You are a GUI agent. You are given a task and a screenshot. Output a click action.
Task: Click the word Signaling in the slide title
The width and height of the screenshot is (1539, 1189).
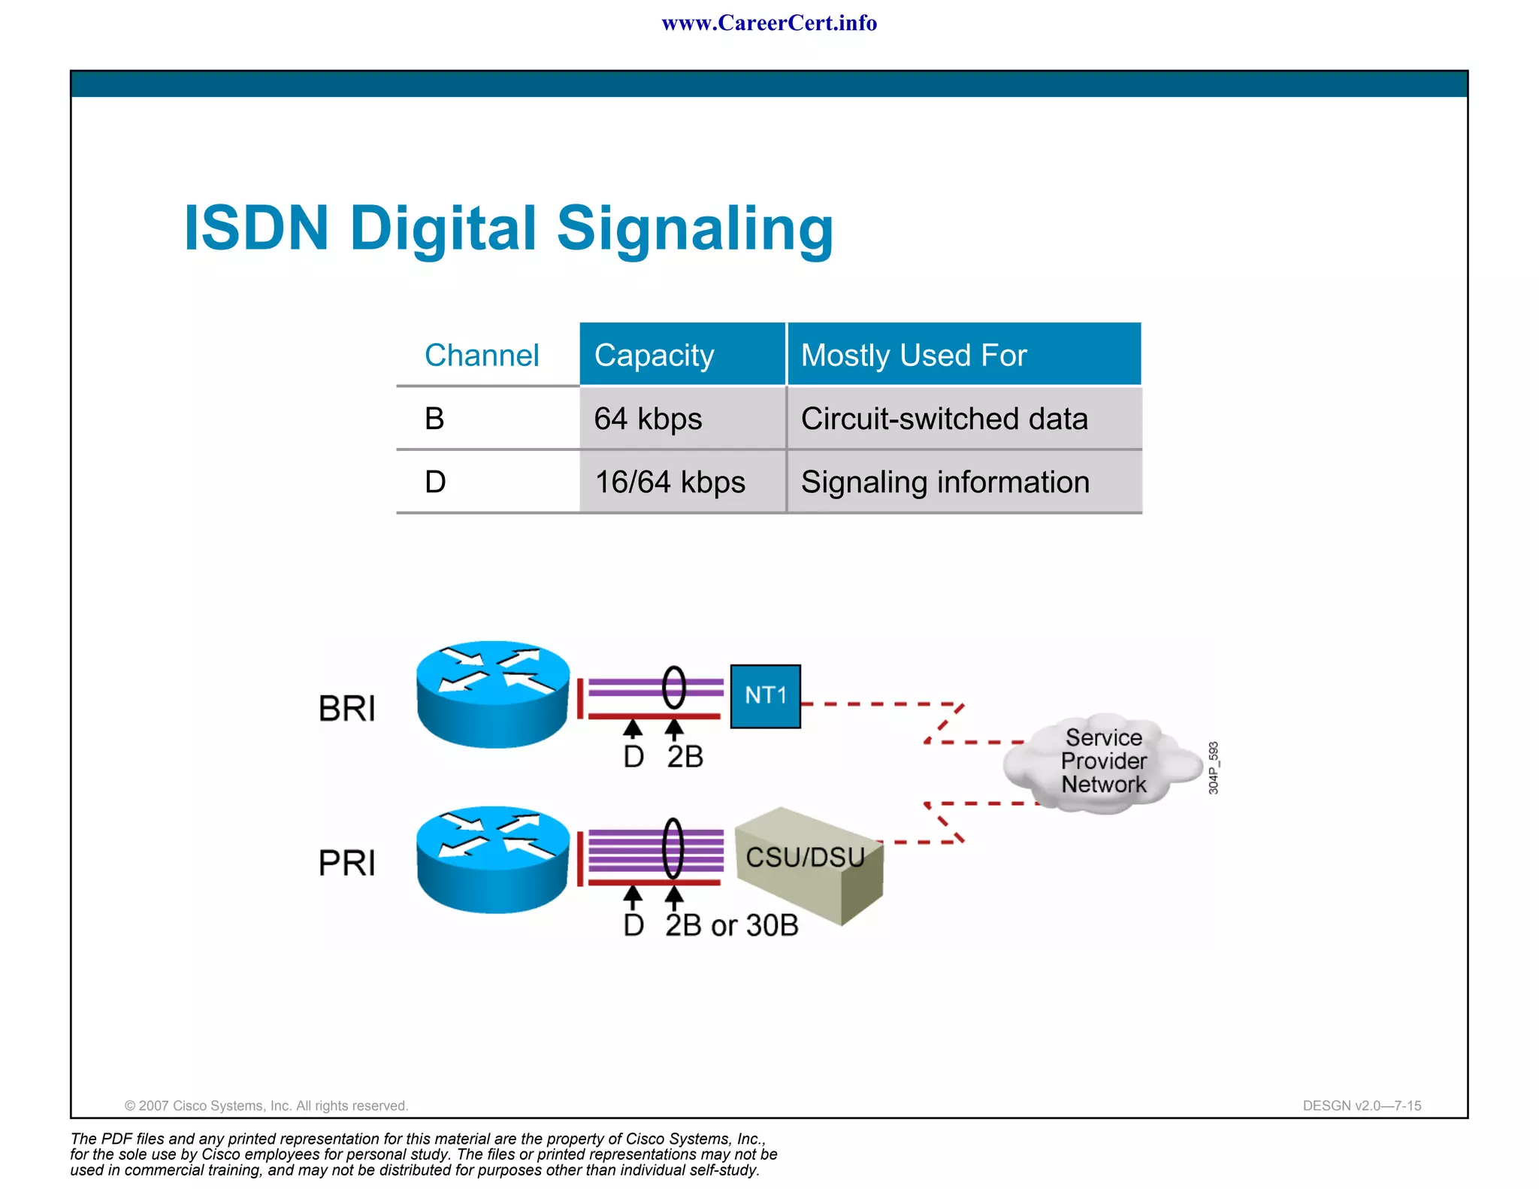(694, 229)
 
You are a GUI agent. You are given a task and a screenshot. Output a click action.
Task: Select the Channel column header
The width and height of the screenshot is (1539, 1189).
(482, 355)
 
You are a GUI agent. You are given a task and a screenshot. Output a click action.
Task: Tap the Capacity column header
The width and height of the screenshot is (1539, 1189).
(654, 355)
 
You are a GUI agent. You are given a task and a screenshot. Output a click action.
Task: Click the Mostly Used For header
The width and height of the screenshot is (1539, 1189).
(913, 355)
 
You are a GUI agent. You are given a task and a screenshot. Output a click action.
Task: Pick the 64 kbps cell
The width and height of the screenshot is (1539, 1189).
(648, 419)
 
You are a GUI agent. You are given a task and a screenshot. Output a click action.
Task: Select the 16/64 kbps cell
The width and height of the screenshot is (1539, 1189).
(670, 482)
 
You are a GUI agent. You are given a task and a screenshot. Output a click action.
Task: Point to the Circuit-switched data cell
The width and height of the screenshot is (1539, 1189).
(944, 419)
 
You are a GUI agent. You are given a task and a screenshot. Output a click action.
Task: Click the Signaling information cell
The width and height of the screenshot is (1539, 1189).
(945, 482)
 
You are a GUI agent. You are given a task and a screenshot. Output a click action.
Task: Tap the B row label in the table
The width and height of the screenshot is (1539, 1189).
(434, 419)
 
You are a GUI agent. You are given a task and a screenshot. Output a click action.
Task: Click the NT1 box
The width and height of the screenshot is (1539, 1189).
(765, 696)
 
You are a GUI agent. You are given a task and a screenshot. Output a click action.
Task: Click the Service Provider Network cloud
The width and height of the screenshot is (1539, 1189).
(1102, 761)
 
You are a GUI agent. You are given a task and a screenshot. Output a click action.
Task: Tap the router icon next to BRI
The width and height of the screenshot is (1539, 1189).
(493, 694)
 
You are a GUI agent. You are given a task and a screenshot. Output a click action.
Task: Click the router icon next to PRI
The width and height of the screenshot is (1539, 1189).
(493, 860)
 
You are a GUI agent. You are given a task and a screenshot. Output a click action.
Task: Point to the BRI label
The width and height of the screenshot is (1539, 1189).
(346, 709)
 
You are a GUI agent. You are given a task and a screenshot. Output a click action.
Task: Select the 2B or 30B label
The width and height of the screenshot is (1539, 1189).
(731, 925)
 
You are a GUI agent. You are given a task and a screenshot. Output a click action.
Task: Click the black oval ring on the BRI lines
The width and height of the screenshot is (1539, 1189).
(674, 688)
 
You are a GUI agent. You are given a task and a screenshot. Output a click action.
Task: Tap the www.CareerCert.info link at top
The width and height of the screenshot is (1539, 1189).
(769, 23)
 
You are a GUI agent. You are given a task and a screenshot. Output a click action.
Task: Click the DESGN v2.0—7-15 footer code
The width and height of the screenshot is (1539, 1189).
(1361, 1106)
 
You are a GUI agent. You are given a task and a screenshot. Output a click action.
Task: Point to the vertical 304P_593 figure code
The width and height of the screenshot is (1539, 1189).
(1213, 767)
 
